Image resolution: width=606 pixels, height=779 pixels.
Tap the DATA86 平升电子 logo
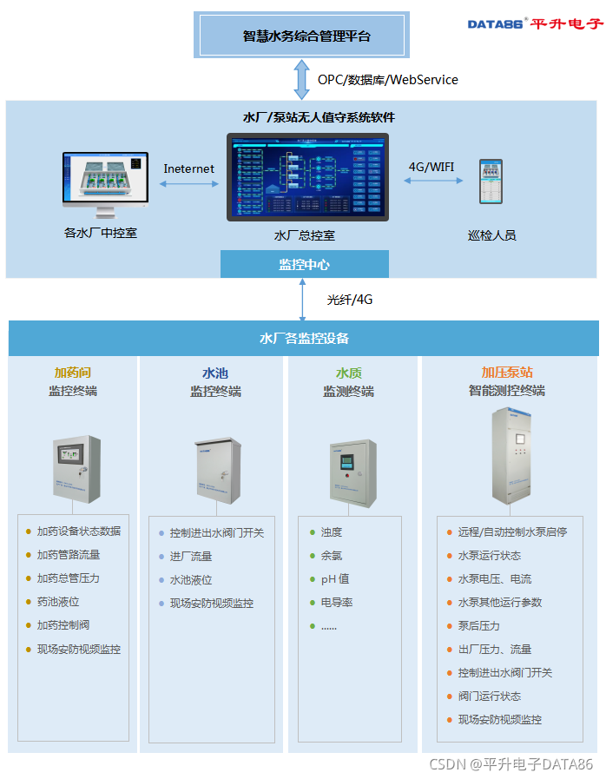pyautogui.click(x=534, y=23)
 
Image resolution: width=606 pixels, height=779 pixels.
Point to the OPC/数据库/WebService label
pyautogui.click(x=387, y=80)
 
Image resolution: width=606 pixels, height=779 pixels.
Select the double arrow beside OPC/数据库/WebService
pyautogui.click(x=301, y=80)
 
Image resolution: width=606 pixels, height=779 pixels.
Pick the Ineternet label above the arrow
pyautogui.click(x=188, y=168)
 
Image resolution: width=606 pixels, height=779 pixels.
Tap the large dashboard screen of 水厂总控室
pyautogui.click(x=307, y=177)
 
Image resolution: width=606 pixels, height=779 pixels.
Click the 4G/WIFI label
pyautogui.click(x=431, y=166)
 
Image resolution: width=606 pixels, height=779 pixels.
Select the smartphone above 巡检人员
pyautogui.click(x=491, y=181)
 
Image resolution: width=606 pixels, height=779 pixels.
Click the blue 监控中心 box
pyautogui.click(x=304, y=264)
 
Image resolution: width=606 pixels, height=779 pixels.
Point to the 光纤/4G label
pyautogui.click(x=350, y=300)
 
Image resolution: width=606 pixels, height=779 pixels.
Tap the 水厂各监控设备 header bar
pyautogui.click(x=303, y=338)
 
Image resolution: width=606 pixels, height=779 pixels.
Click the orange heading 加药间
pyautogui.click(x=73, y=373)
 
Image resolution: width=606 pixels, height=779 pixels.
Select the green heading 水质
pyautogui.click(x=349, y=373)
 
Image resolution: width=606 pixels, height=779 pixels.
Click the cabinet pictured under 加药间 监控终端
pyautogui.click(x=76, y=469)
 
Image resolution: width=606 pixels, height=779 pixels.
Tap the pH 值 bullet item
pyautogui.click(x=335, y=579)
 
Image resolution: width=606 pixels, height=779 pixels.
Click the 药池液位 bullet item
pyautogui.click(x=58, y=602)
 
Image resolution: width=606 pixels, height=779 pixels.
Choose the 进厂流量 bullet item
pyautogui.click(x=191, y=557)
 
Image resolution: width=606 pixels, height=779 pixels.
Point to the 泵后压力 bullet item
pyautogui.click(x=479, y=626)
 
